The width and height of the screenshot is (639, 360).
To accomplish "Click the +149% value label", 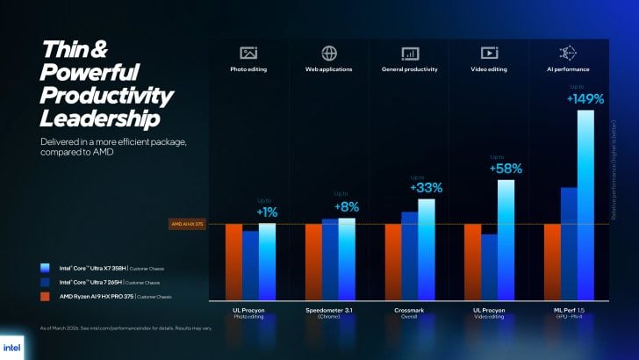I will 585,98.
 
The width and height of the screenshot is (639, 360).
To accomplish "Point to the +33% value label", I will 426,188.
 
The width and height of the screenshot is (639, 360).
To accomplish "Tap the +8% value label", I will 347,206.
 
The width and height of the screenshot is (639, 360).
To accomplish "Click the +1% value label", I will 267,212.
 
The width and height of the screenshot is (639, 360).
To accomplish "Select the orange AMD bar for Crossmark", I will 392,261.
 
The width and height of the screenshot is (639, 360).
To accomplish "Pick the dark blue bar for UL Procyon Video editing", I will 489,266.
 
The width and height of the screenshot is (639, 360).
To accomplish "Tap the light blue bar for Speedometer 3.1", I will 347,258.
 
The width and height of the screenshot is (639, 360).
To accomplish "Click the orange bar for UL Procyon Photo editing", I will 233,261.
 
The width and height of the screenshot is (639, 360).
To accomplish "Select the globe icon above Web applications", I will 329,53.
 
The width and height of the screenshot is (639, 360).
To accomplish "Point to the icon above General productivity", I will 410,53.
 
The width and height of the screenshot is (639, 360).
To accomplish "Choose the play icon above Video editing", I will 489,53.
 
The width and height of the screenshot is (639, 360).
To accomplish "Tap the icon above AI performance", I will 568,53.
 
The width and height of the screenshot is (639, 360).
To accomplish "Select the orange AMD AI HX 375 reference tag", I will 187,225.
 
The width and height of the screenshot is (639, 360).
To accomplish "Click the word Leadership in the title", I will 100,118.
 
